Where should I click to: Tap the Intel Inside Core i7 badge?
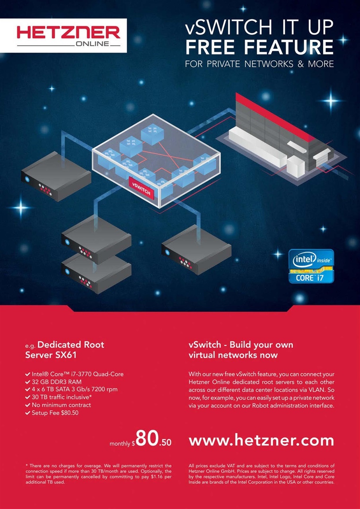click(311, 266)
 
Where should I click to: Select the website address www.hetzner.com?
click(261, 440)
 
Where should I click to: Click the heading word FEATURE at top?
click(289, 47)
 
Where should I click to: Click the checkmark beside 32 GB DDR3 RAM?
click(28, 382)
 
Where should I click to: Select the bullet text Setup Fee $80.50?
click(55, 413)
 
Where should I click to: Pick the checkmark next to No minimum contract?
click(28, 405)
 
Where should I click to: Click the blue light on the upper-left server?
click(27, 179)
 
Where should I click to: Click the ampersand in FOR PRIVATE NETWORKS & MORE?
click(301, 64)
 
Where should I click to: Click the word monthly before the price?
click(120, 443)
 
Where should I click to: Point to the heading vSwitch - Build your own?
click(241, 345)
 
